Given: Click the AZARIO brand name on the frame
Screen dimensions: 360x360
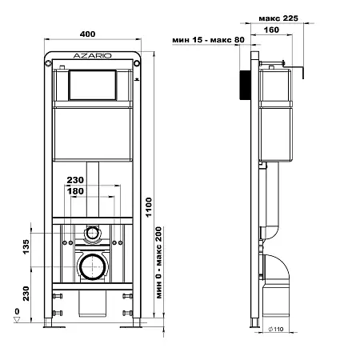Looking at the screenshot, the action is (92, 56).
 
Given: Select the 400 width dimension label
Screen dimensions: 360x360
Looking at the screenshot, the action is (87, 34).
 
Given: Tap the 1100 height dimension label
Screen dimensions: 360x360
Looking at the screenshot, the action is (149, 207).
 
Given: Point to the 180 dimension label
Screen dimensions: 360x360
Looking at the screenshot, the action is (75, 191).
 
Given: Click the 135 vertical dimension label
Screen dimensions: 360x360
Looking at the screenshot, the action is (26, 246).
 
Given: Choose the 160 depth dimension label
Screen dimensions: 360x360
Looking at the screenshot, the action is (271, 30).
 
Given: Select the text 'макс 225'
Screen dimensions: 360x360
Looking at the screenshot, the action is (278, 18).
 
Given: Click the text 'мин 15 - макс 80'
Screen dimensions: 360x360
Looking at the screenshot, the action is (208, 40).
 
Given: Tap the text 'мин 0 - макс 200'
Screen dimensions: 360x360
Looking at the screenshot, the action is (159, 262).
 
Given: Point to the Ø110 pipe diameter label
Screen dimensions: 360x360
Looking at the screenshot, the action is (276, 330).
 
